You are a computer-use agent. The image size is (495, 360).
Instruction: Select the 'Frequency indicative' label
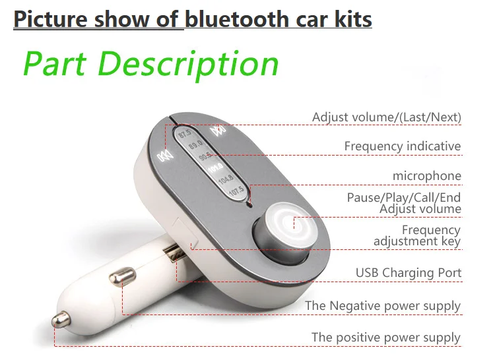point(402,146)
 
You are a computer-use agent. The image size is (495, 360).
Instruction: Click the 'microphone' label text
point(426,176)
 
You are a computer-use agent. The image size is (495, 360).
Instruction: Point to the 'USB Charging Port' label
point(408,272)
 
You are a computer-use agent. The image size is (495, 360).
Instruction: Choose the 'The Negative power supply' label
point(382,306)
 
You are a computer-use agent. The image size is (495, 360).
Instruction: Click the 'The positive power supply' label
point(385,337)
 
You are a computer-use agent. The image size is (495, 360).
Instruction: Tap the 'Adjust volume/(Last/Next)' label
point(386,117)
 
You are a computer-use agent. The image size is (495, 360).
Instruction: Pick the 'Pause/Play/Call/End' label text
point(403,197)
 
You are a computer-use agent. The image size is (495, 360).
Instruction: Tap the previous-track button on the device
point(164,157)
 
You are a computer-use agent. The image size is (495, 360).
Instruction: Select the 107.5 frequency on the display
point(236,192)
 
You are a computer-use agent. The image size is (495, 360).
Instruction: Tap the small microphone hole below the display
point(249,204)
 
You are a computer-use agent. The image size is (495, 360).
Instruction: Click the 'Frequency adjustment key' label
point(416,235)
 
